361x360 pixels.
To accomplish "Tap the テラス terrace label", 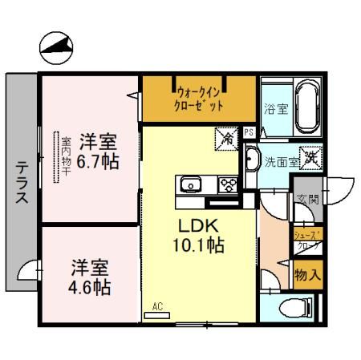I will click(x=22, y=182).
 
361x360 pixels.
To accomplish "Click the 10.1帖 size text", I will click(x=195, y=245).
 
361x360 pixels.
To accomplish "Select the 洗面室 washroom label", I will click(x=282, y=160).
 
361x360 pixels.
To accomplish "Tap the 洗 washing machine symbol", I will click(x=310, y=159).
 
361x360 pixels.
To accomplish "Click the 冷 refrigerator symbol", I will click(x=227, y=139).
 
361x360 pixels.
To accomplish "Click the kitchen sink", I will click(x=193, y=186).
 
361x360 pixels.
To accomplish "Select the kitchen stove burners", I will click(x=227, y=185).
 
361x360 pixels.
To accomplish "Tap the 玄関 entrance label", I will click(x=307, y=200).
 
